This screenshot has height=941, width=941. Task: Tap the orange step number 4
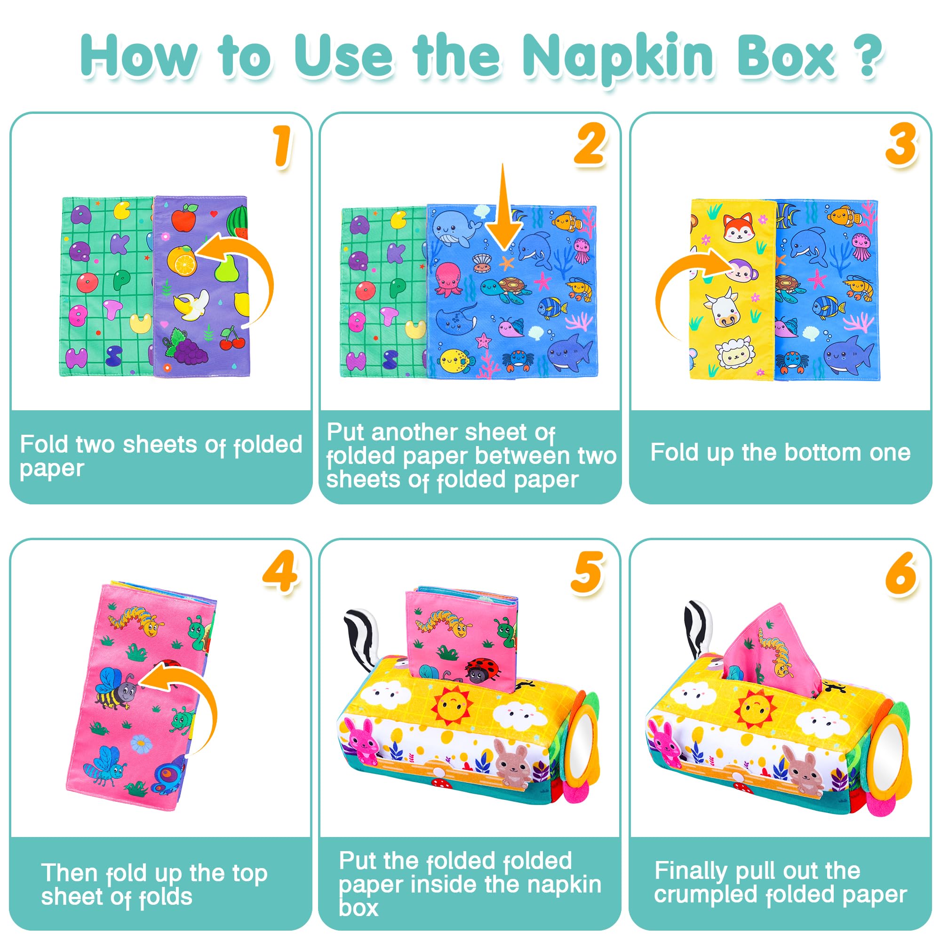[x=280, y=570]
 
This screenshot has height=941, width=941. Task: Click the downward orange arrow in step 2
[x=504, y=207]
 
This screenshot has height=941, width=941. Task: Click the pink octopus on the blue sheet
[x=448, y=279]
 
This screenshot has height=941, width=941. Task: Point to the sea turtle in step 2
[x=507, y=289]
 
